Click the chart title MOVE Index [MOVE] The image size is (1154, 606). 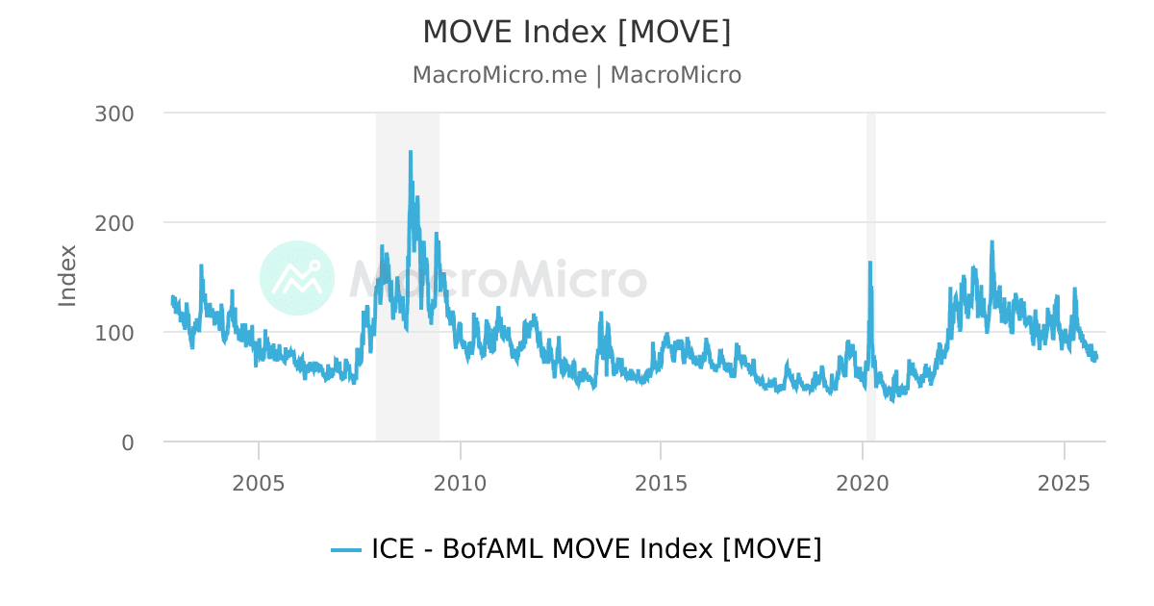[x=577, y=32]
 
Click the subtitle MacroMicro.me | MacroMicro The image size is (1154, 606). [x=577, y=75]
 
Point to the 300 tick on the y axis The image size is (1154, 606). [x=114, y=114]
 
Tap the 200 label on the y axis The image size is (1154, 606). [x=114, y=222]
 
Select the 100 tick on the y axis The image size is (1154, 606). [x=114, y=332]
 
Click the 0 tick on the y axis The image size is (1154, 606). [x=127, y=442]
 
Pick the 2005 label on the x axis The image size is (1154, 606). [x=259, y=481]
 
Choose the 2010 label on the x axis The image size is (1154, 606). [x=461, y=481]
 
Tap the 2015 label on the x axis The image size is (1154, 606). [x=661, y=481]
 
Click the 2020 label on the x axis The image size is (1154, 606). [x=863, y=481]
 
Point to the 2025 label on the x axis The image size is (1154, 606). [x=1064, y=481]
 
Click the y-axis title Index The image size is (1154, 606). [x=67, y=276]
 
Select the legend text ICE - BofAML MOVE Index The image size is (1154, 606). [x=596, y=549]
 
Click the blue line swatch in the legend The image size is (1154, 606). [x=345, y=550]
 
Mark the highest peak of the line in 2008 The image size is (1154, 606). [x=411, y=152]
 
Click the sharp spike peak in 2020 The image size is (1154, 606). [x=870, y=262]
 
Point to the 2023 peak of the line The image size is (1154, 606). [x=991, y=241]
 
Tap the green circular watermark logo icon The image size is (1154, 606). [x=297, y=277]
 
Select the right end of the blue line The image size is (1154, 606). [x=1096, y=356]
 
